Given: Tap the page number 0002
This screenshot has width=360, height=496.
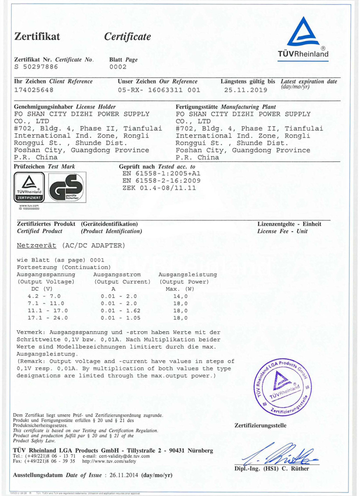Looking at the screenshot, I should (x=118, y=67).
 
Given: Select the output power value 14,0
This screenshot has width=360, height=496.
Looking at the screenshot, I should (x=181, y=296).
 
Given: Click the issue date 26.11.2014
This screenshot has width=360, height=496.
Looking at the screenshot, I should (x=135, y=475).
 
